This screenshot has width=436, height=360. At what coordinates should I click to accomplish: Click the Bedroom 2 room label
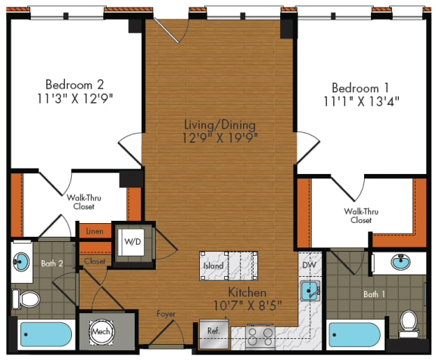73,83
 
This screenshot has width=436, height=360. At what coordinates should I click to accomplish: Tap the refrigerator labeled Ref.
214,331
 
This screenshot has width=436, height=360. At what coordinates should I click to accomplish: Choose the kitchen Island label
213,265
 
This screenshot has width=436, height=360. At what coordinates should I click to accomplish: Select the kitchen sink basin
308,290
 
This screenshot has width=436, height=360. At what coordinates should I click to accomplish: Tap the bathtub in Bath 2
45,334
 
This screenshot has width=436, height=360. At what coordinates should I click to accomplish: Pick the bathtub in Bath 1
354,334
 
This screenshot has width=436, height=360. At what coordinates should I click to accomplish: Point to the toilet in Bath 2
28,299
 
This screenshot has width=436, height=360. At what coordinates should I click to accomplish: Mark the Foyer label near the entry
166,313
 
